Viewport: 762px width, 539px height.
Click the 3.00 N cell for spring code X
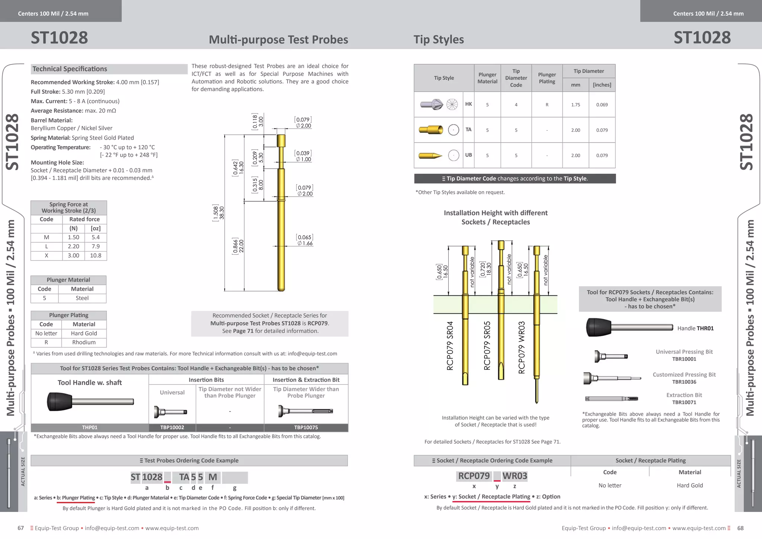(x=73, y=256)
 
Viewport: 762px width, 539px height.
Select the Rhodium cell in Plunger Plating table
(x=84, y=342)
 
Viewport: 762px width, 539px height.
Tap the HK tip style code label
(x=468, y=104)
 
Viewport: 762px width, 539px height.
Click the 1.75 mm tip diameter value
(x=576, y=105)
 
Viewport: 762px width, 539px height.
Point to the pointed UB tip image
(x=430, y=156)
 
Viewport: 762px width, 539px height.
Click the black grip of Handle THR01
(x=598, y=327)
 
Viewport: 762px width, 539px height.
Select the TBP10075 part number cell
(x=306, y=427)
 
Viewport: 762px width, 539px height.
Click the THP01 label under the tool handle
(x=90, y=427)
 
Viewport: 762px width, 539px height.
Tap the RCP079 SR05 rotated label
(x=487, y=345)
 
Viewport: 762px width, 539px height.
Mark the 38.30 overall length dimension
(x=222, y=213)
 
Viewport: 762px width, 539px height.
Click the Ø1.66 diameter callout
(x=305, y=243)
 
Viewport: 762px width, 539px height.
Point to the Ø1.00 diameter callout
(x=304, y=159)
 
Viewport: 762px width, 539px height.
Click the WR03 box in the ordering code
(x=515, y=476)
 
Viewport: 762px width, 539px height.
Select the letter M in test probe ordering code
(x=212, y=477)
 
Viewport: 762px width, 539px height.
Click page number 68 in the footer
(x=740, y=528)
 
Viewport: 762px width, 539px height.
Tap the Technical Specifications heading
(x=70, y=69)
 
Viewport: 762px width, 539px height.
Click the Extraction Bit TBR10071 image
(x=611, y=399)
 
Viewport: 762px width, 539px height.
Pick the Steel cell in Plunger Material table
(x=82, y=298)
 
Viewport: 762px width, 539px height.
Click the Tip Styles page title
(x=439, y=39)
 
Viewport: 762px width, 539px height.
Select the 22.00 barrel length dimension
(x=241, y=246)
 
